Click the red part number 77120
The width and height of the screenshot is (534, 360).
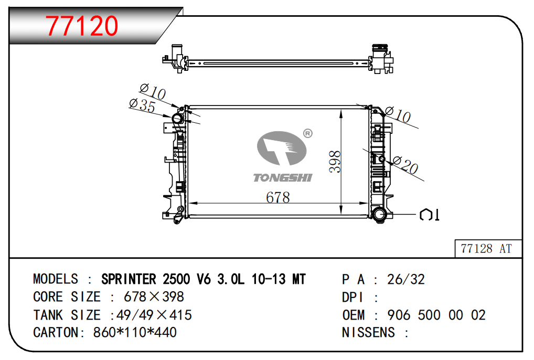82,26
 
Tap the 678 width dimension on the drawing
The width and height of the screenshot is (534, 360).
278,197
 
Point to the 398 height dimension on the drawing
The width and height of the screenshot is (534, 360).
335,162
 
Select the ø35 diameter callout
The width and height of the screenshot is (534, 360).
142,105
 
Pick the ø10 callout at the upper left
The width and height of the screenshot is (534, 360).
153,91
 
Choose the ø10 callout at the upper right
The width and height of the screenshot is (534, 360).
398,114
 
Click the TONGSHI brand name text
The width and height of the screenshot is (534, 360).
282,178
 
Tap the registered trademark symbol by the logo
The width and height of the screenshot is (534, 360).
307,133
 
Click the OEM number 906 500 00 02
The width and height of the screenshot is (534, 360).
436,315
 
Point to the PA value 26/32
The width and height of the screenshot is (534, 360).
406,280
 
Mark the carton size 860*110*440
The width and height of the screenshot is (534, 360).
135,332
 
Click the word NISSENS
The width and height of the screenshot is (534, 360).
368,332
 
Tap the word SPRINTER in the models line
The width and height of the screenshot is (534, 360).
129,279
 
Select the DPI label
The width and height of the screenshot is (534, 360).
353,298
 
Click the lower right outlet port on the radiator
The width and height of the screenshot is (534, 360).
379,215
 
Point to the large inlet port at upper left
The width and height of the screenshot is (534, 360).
178,119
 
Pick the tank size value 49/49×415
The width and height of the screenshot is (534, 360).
154,315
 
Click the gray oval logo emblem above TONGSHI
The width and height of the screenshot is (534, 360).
282,148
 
